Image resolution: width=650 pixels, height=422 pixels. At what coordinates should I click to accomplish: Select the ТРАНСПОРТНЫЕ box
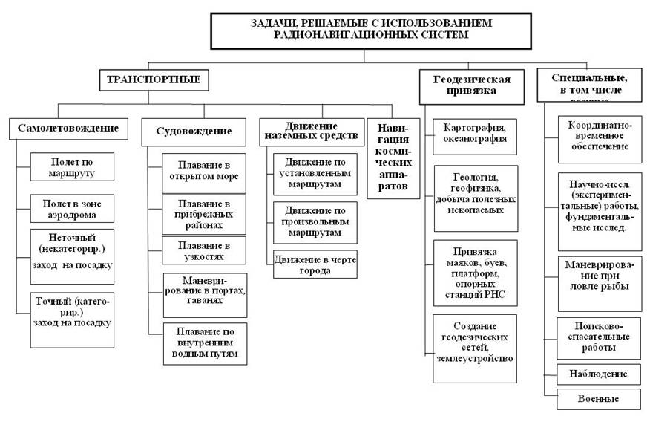pos(154,79)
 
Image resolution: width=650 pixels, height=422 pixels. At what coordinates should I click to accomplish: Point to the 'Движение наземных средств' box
pos(311,131)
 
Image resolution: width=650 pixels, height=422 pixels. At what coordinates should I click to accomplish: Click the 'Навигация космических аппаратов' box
pos(393,158)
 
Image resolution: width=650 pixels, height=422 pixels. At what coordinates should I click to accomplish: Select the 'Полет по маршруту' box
pos(73,167)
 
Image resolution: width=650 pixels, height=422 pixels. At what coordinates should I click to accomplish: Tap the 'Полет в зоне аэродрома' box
pos(73,208)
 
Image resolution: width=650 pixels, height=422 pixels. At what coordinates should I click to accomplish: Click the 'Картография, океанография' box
pos(474,133)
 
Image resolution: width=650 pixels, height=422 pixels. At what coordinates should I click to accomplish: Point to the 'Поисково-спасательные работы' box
pos(599,336)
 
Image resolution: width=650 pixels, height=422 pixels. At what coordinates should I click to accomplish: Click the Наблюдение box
pos(599,374)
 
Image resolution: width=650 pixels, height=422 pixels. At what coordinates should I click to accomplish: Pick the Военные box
pos(599,399)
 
